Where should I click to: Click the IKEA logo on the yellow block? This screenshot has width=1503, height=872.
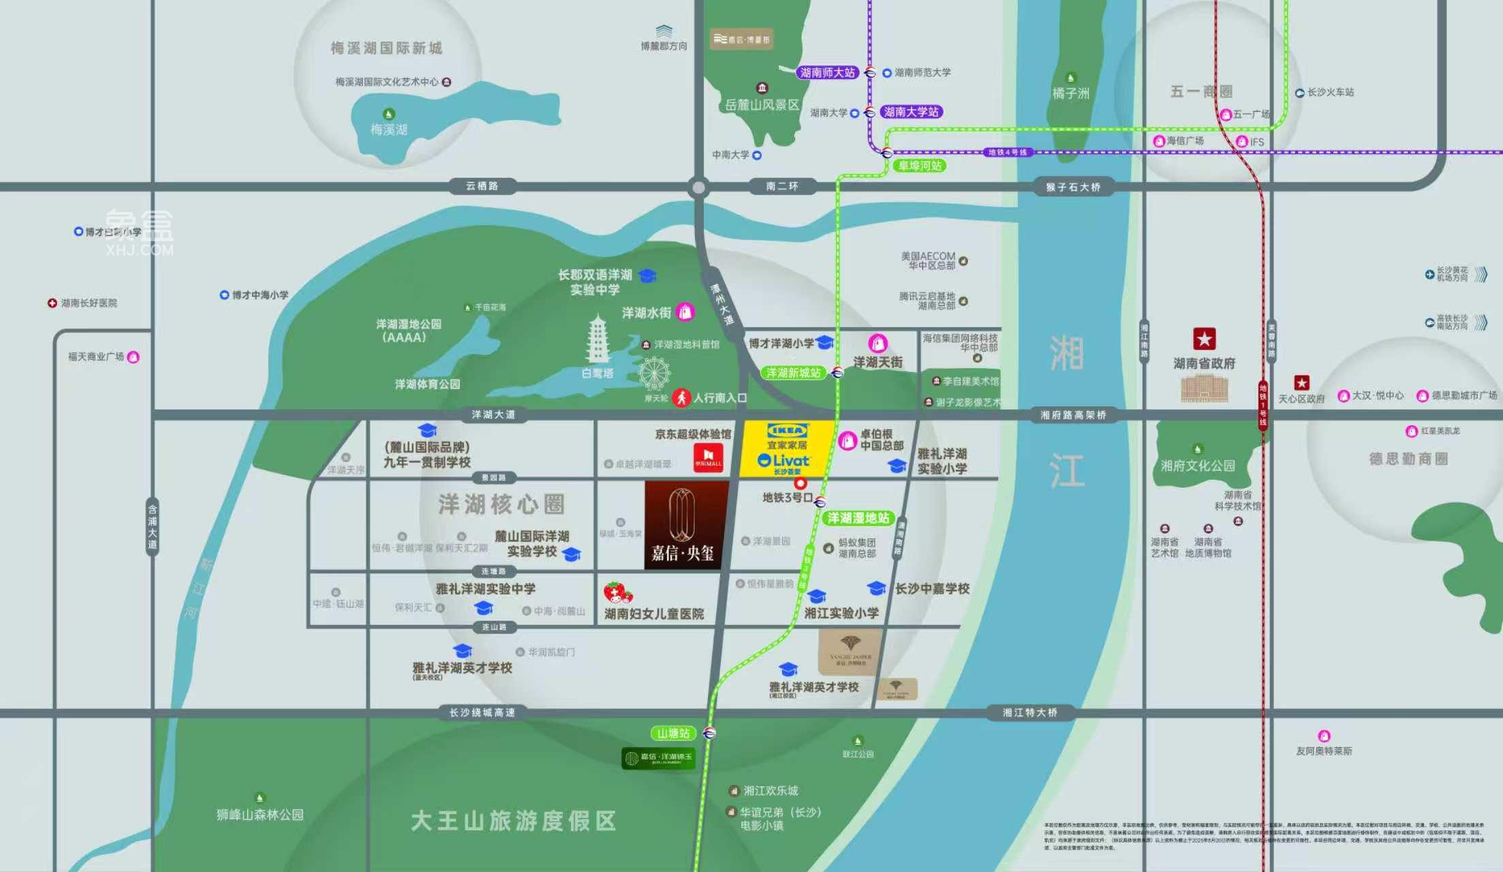click(x=787, y=431)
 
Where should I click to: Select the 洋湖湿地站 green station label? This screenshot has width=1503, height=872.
click(x=858, y=518)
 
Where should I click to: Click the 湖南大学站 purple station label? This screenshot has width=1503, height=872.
click(x=911, y=112)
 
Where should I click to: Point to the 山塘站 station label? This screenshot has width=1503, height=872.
click(x=673, y=734)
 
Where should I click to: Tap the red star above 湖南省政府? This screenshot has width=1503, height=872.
click(x=1204, y=339)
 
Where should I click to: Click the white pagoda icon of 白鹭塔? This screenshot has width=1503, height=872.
click(x=598, y=339)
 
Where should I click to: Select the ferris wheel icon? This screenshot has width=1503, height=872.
click(x=654, y=374)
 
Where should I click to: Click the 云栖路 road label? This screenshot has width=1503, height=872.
click(x=482, y=186)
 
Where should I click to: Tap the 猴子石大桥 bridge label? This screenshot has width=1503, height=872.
click(x=1073, y=187)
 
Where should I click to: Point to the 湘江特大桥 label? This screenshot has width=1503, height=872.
click(x=1029, y=713)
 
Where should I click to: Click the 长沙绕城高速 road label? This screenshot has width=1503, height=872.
click(x=482, y=713)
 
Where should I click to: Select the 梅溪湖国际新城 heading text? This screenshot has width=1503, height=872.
click(x=386, y=48)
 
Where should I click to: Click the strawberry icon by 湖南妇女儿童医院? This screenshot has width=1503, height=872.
click(x=617, y=593)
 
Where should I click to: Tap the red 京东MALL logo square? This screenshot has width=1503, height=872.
click(x=708, y=457)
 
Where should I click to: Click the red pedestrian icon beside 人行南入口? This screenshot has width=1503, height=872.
click(x=681, y=398)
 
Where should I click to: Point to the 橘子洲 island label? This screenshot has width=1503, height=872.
click(x=1070, y=93)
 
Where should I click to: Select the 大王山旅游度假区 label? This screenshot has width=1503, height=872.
click(x=513, y=821)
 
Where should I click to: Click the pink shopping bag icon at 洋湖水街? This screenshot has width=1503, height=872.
click(x=685, y=312)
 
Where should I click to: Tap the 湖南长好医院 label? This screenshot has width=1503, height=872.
click(x=89, y=303)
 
